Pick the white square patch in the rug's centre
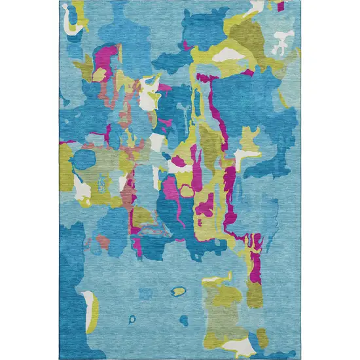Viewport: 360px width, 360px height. coord(157,142)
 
